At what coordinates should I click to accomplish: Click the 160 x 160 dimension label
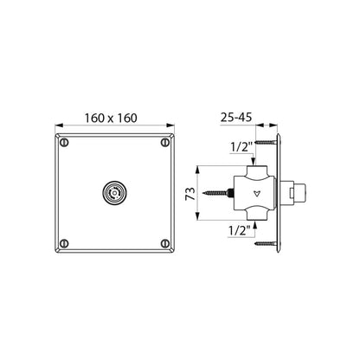(111, 118)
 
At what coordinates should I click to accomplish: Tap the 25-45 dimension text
(236, 118)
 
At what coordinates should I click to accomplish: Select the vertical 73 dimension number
(190, 194)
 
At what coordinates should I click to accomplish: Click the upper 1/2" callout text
(241, 148)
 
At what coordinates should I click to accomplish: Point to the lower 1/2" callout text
(239, 231)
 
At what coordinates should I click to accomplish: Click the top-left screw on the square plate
(64, 143)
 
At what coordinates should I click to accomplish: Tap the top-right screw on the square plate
(165, 143)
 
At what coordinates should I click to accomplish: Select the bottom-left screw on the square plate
(64, 244)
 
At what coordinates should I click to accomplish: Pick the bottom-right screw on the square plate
(165, 244)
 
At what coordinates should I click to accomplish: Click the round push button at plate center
(115, 193)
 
